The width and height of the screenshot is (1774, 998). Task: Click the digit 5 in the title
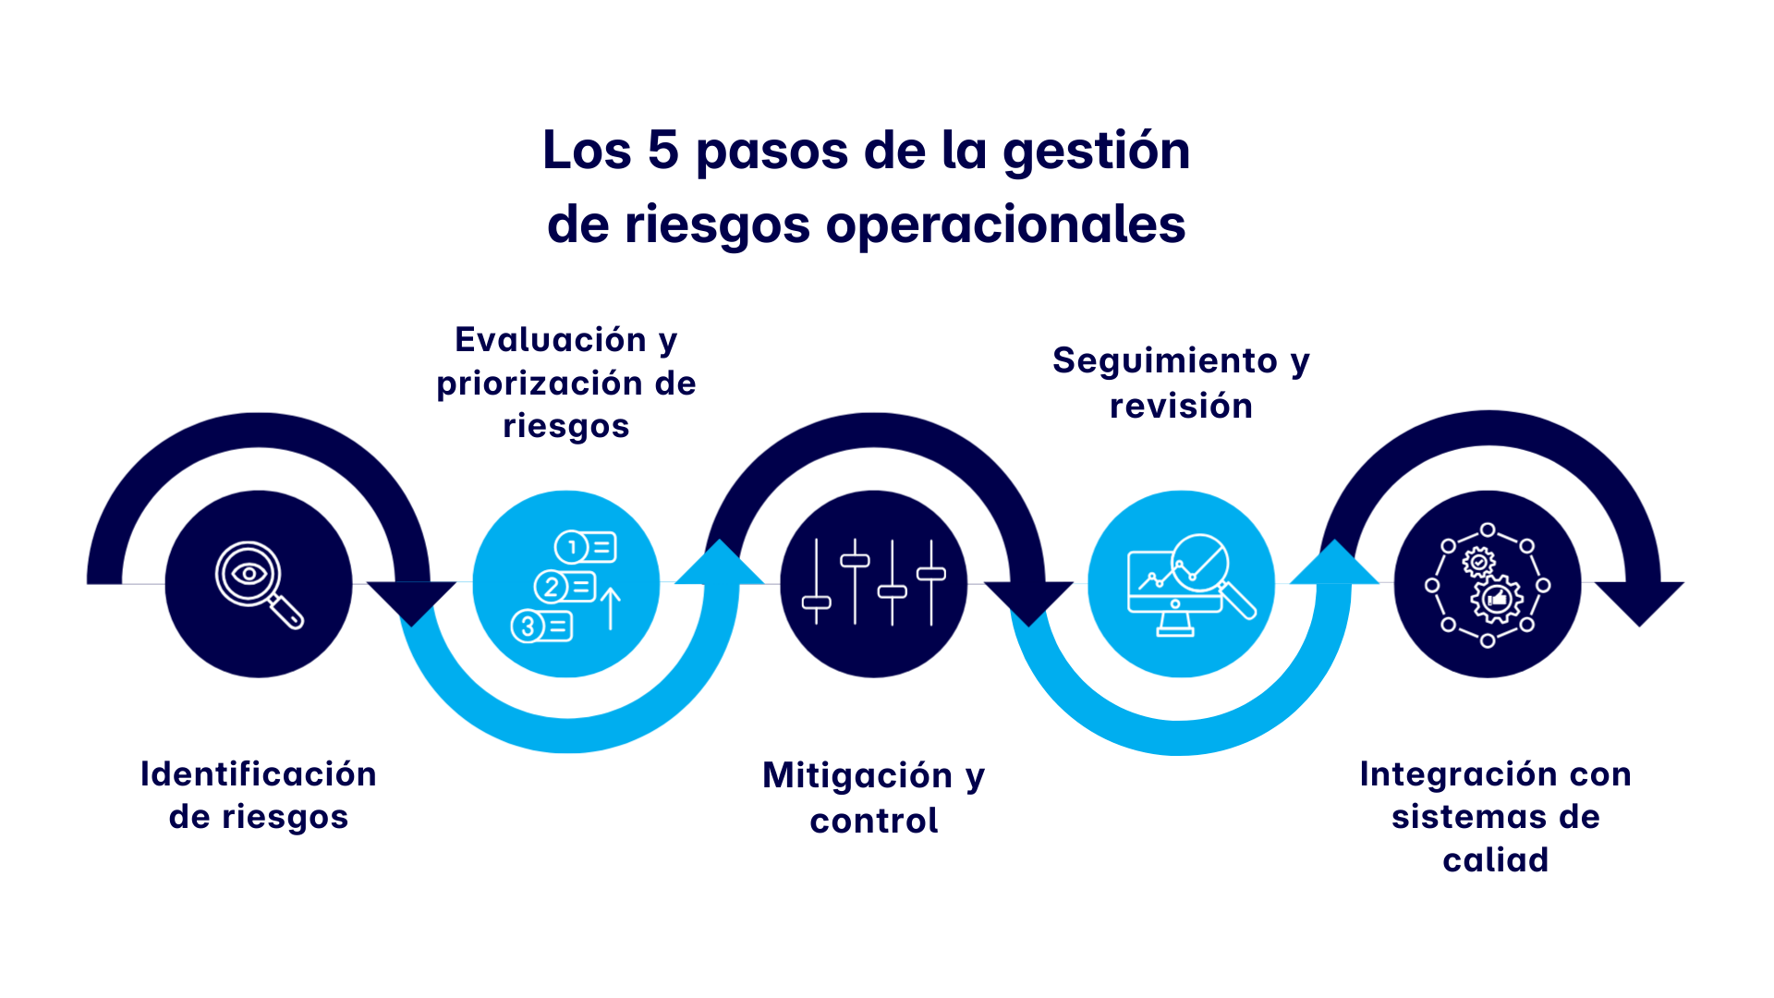[662, 150]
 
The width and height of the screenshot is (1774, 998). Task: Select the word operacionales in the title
[1004, 225]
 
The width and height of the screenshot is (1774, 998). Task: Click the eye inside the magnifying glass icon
[249, 574]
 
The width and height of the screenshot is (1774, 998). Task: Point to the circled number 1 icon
[572, 547]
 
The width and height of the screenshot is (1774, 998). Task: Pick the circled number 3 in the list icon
[528, 626]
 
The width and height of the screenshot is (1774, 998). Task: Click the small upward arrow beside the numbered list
[611, 608]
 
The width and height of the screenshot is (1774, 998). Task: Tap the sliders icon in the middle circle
[873, 583]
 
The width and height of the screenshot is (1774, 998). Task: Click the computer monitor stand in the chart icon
[1175, 626]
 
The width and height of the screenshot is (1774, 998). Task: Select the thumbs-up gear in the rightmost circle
[1497, 600]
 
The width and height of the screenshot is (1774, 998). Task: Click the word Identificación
[258, 774]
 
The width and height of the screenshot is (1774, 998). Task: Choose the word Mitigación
[857, 775]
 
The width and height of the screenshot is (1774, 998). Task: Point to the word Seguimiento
[1164, 360]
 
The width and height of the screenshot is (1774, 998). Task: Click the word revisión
[1181, 406]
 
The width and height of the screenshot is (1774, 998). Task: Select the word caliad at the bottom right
[1495, 860]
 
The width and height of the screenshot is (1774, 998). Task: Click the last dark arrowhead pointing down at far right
[1639, 601]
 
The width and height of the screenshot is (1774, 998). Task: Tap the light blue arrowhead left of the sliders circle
[719, 565]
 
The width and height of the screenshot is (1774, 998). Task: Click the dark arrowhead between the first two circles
[412, 601]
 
